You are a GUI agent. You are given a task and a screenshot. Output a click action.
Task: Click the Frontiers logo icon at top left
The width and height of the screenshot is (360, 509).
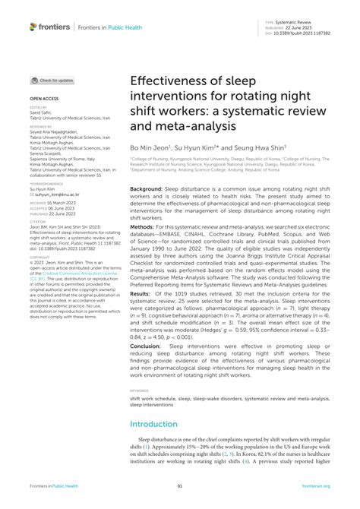tap(33, 27)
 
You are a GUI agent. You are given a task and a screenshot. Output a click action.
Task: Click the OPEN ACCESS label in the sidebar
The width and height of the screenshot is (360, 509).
tap(43, 99)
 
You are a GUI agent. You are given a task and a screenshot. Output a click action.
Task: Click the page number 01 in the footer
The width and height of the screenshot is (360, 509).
tap(180, 486)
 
